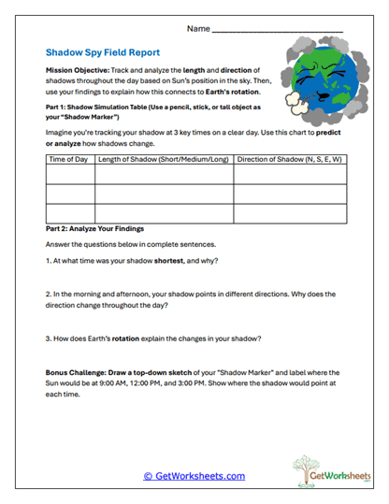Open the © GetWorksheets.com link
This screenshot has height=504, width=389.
click(194, 476)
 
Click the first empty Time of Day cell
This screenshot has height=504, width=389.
click(69, 177)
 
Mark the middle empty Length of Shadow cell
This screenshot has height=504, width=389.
click(163, 195)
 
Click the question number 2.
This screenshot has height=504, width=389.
click(48, 293)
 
